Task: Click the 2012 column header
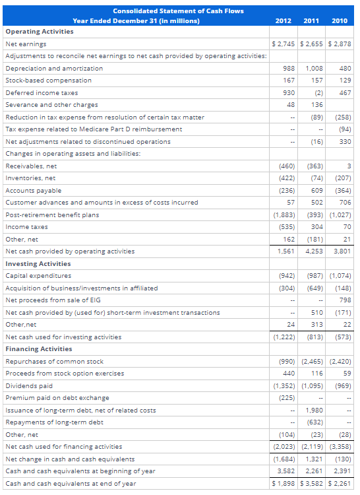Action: click(284, 20)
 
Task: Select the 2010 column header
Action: click(340, 20)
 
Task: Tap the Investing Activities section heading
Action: click(38, 263)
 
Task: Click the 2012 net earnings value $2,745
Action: click(284, 44)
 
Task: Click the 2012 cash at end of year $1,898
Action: click(284, 483)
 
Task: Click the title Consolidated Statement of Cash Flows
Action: click(178, 11)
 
